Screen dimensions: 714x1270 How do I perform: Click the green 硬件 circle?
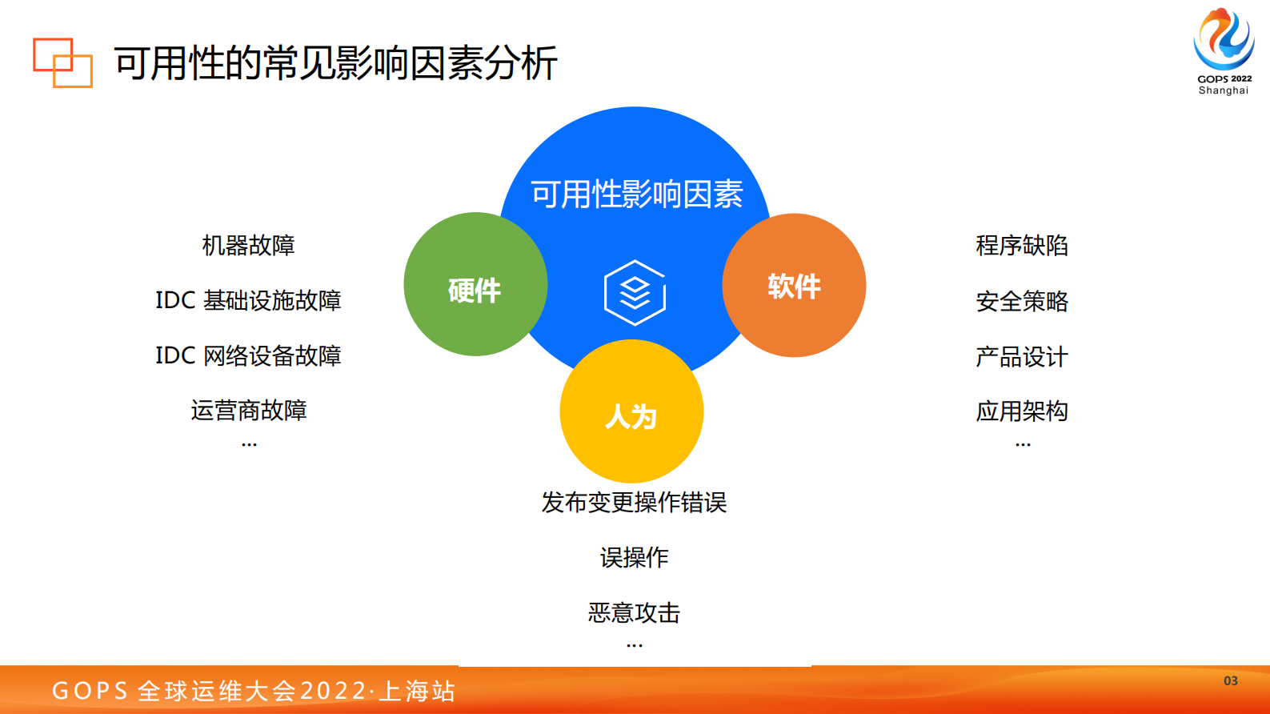tap(475, 285)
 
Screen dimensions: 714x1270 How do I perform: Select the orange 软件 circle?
tap(794, 286)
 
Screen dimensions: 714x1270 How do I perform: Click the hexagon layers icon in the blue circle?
tap(635, 293)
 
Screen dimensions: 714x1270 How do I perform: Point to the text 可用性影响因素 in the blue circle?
tap(636, 195)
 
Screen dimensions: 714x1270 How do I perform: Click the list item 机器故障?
tap(248, 246)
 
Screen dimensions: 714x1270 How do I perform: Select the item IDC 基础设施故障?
tap(248, 301)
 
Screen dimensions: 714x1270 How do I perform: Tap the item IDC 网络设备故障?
tap(248, 355)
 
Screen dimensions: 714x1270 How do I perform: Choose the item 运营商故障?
tap(248, 411)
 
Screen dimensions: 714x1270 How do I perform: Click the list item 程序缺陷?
tap(1022, 246)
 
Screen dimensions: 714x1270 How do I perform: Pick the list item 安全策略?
tap(1022, 302)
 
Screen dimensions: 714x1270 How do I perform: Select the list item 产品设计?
tap(1022, 357)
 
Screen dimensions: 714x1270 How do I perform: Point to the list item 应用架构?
tap(1022, 411)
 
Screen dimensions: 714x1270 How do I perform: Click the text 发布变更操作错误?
tap(634, 503)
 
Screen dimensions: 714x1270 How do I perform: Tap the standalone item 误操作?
tap(634, 558)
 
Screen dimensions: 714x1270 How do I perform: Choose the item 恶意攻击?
tap(634, 613)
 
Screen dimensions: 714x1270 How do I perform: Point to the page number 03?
tap(1231, 681)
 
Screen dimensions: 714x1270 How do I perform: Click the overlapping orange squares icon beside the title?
tap(62, 62)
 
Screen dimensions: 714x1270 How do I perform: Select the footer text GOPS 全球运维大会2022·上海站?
tap(254, 691)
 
